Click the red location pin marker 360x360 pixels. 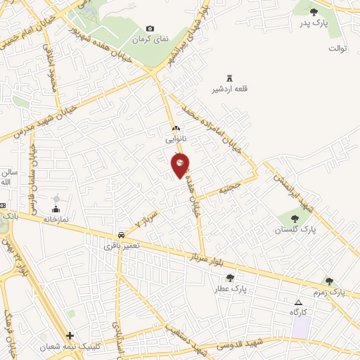(180, 165)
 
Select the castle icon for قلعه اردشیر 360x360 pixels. (229, 78)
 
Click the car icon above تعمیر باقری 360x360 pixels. (122, 234)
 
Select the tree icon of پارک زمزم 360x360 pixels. (329, 281)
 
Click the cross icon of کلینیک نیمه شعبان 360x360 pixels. (70, 335)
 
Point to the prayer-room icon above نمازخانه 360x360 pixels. (56, 208)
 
